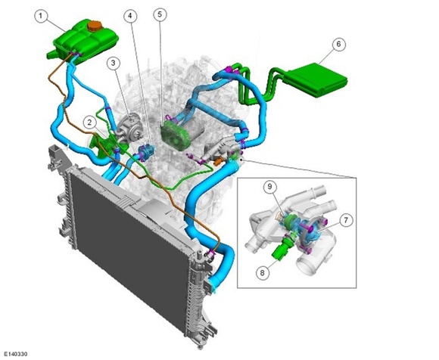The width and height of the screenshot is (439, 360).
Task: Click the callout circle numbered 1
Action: [x=41, y=16]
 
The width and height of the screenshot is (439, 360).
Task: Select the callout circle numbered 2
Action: [x=90, y=123]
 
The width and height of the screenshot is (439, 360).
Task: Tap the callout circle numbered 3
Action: [x=113, y=64]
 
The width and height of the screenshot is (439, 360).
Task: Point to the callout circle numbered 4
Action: [x=130, y=16]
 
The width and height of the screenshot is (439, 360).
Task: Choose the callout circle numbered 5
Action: [x=160, y=14]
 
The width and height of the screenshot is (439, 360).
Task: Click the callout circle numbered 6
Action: [x=339, y=44]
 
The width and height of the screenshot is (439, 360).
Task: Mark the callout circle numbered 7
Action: [x=346, y=220]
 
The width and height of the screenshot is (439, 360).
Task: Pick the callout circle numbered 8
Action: [x=263, y=272]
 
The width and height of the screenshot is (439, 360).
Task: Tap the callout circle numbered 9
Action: [x=270, y=187]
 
